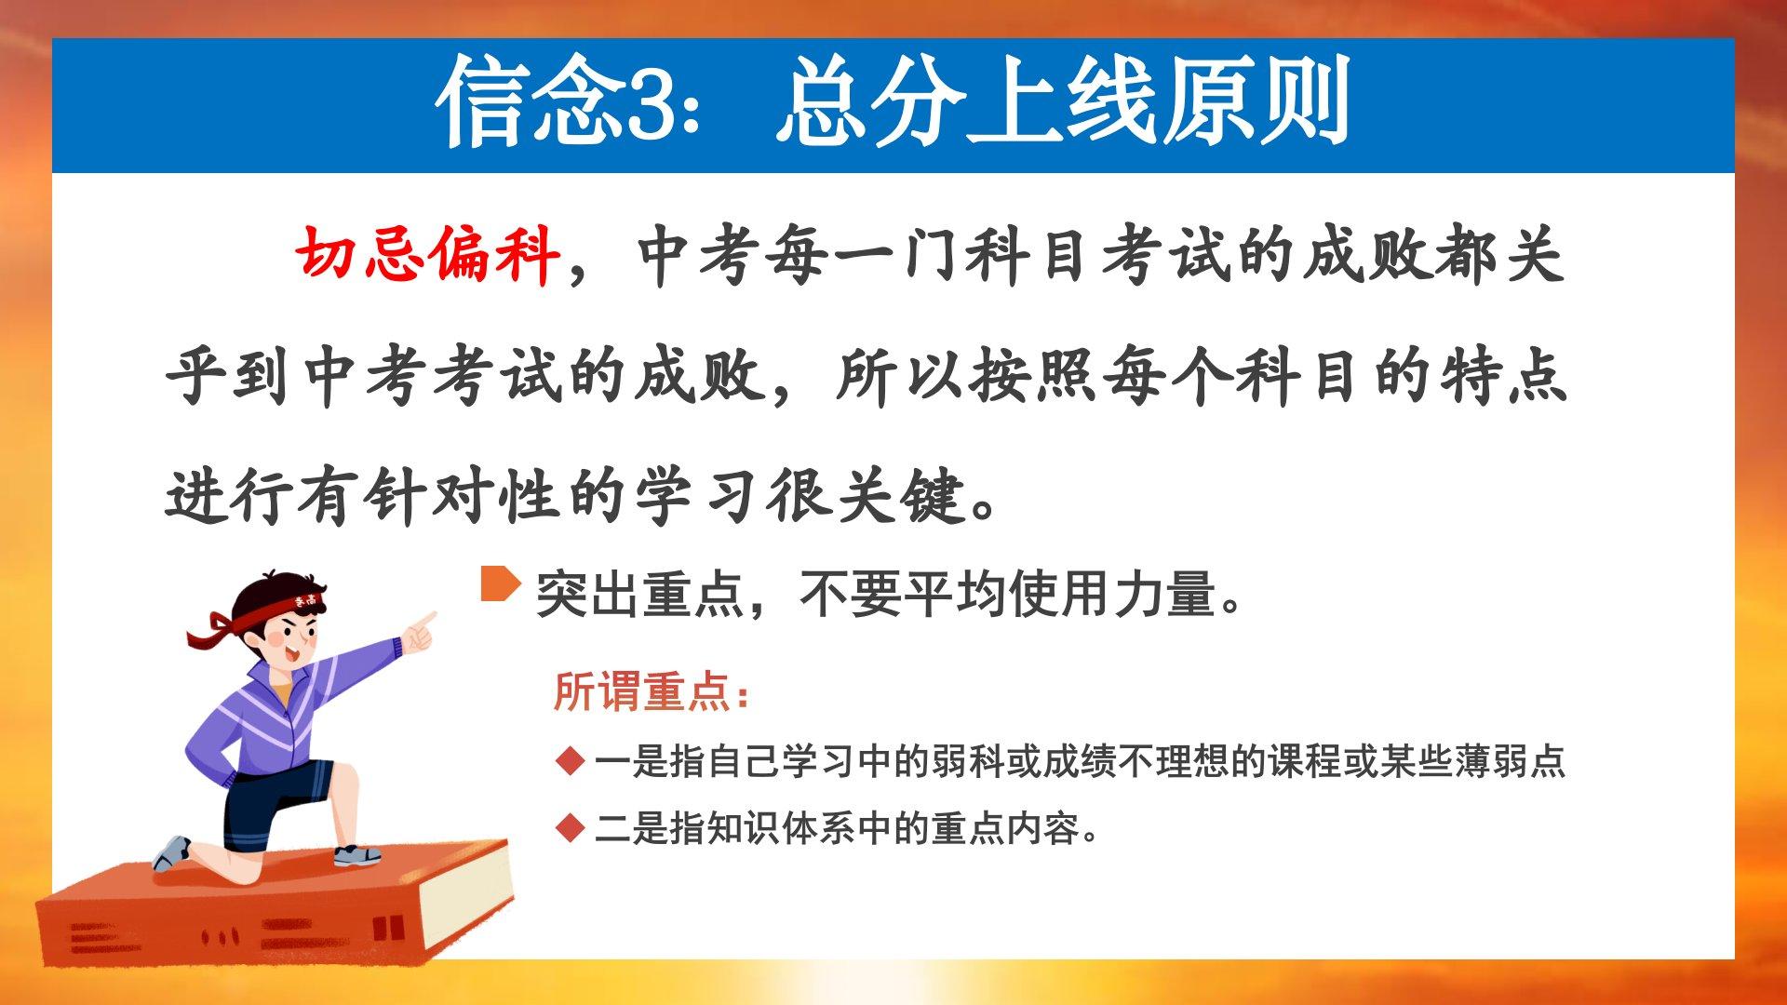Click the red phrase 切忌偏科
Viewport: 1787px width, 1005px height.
(x=428, y=253)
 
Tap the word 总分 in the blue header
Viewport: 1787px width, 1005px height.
(x=870, y=102)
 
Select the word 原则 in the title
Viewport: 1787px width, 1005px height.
(x=1253, y=102)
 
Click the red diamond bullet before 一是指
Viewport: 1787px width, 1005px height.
(x=569, y=761)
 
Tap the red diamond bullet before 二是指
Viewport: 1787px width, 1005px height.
(x=569, y=827)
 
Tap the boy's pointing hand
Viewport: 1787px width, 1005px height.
(x=419, y=630)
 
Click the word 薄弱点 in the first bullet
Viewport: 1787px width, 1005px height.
(x=1509, y=761)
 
